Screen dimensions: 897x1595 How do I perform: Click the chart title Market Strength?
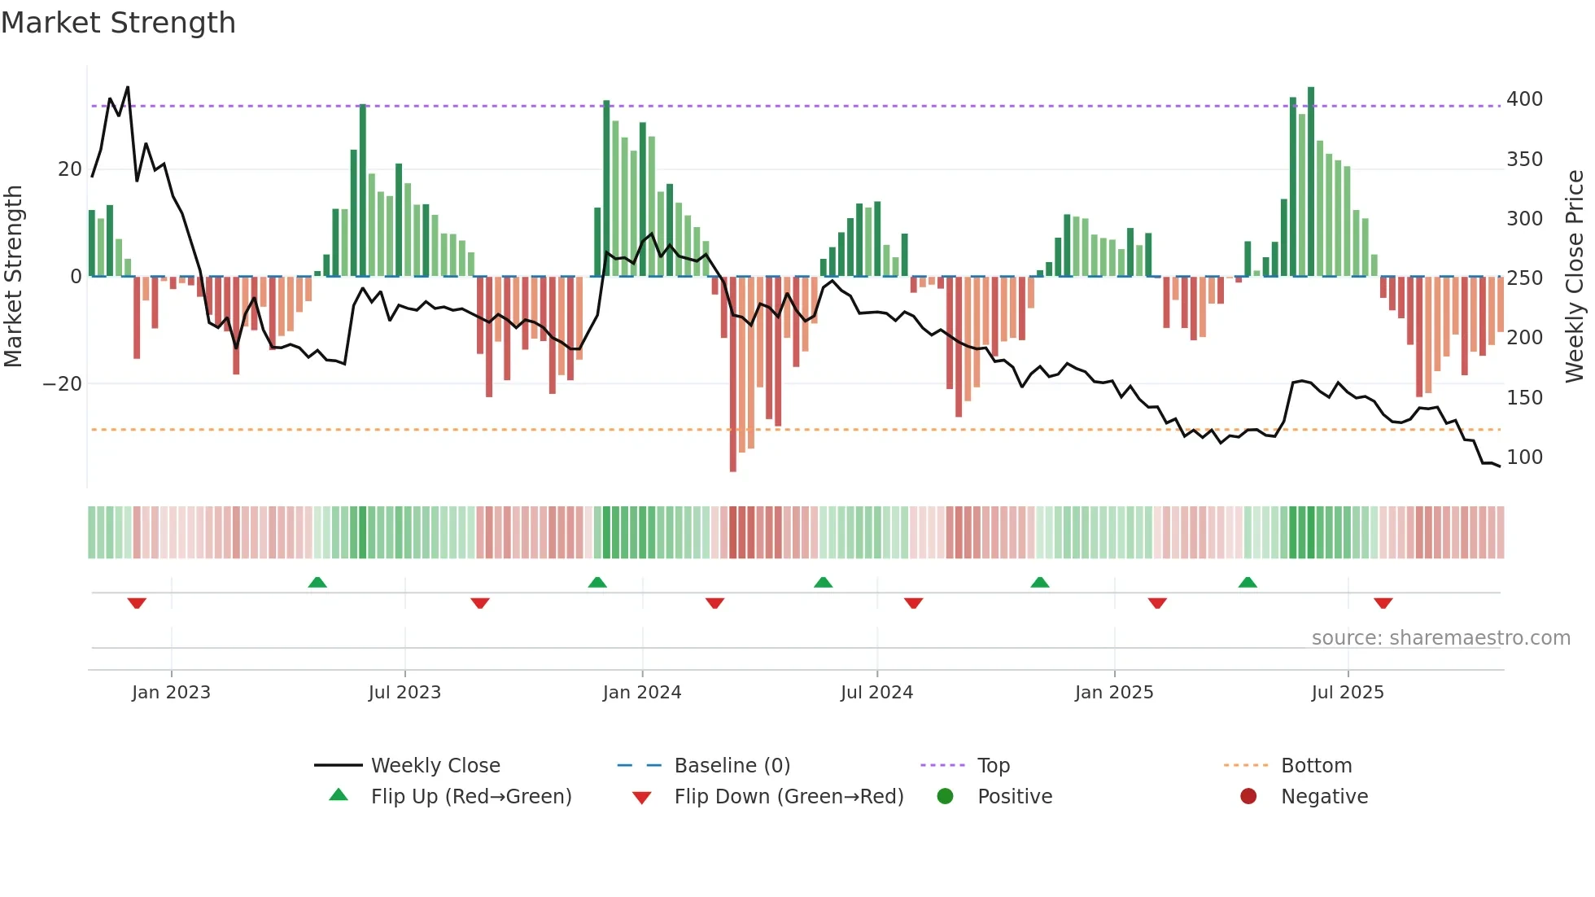point(118,23)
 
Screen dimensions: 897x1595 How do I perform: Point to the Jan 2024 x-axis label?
point(641,693)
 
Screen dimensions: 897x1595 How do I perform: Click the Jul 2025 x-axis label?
point(1347,693)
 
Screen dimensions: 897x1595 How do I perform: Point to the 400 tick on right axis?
point(1523,99)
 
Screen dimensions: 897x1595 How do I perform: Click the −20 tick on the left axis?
point(63,383)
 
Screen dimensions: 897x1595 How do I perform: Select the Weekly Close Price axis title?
point(1575,276)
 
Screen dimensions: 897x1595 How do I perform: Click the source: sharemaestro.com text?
point(1440,638)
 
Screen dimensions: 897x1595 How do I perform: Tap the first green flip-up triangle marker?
point(317,582)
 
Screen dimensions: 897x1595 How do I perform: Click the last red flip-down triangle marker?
point(1383,603)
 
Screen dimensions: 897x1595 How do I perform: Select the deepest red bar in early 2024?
point(732,374)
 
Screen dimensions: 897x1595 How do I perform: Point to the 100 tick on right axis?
point(1523,457)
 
